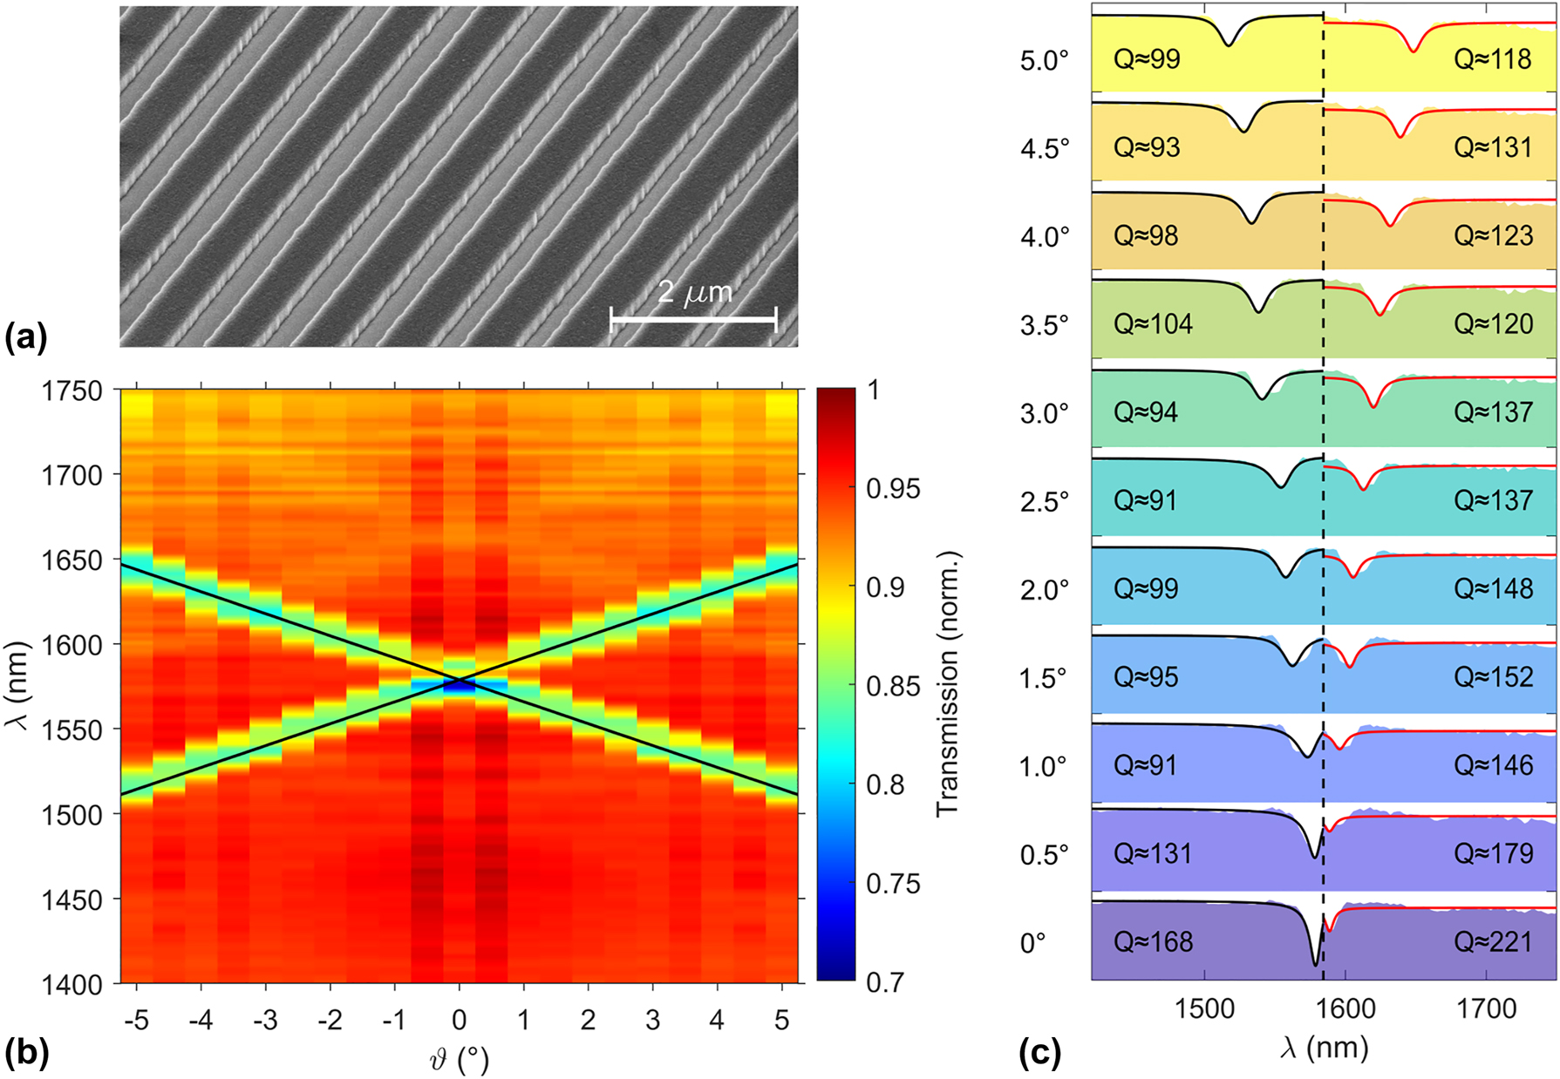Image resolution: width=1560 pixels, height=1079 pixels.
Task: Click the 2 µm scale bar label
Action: tap(694, 292)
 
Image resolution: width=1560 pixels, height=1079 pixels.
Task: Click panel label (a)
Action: tap(25, 337)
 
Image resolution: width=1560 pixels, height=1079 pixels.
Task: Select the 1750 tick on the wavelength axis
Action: tap(72, 391)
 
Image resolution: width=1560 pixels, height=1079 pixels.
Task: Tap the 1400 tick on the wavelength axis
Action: tap(72, 984)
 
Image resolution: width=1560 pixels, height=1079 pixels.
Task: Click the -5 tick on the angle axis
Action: tap(135, 1020)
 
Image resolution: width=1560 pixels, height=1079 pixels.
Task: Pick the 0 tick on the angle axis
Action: tap(459, 1020)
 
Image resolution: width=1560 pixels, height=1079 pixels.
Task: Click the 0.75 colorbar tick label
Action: tap(893, 884)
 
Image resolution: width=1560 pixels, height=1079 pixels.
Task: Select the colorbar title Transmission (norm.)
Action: tap(948, 685)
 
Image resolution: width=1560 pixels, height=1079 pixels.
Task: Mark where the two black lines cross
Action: tap(460, 679)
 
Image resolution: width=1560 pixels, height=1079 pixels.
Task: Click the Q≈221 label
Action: tap(1492, 941)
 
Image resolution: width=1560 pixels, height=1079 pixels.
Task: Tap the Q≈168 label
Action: tap(1153, 941)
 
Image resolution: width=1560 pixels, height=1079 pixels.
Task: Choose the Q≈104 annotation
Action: tap(1153, 323)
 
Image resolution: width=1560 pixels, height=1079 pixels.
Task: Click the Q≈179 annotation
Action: tap(1492, 852)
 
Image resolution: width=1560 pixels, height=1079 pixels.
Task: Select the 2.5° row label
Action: tap(1045, 502)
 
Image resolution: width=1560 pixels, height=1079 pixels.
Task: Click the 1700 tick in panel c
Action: tap(1486, 1009)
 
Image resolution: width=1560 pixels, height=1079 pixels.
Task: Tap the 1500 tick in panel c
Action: tap(1204, 1009)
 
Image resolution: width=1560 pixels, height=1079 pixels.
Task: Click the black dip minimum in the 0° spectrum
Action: tap(1316, 964)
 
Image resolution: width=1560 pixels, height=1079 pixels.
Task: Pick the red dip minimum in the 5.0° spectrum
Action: tap(1414, 51)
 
